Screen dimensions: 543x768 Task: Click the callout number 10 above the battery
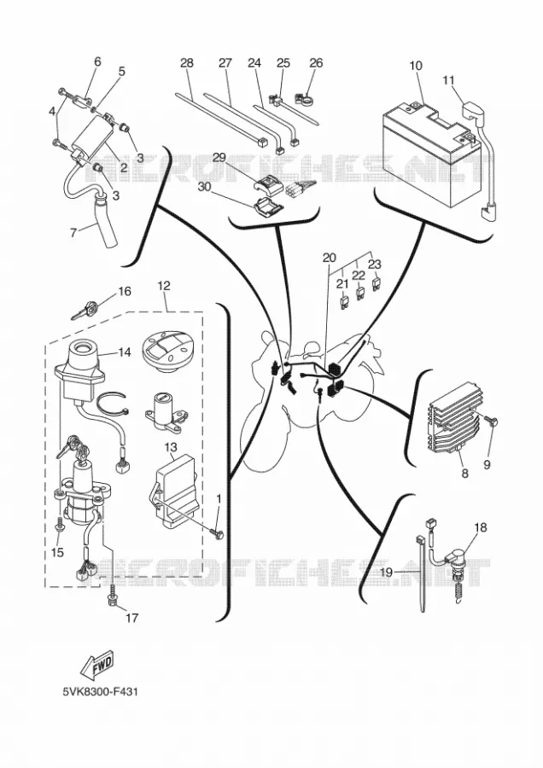click(x=416, y=66)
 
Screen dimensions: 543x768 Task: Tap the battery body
click(x=430, y=152)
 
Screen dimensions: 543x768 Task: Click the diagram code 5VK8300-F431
click(x=100, y=692)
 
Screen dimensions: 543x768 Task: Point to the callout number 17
click(x=131, y=618)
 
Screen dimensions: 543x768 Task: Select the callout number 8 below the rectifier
click(x=464, y=473)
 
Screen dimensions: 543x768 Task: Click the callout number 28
click(x=187, y=63)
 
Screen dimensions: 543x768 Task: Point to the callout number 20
click(x=330, y=258)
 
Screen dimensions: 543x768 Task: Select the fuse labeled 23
click(x=377, y=284)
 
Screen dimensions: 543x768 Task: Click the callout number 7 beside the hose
click(x=73, y=232)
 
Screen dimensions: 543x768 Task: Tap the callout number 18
click(x=481, y=527)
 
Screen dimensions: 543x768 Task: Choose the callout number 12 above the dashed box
click(x=164, y=285)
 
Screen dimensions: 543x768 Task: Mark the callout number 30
click(x=206, y=187)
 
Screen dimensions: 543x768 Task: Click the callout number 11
click(x=449, y=80)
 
